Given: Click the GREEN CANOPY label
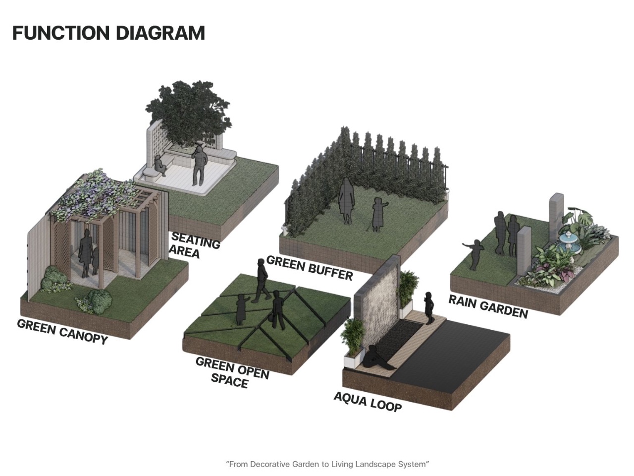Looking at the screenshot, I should coord(62,331).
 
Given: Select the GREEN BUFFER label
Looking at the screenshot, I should coord(309,268).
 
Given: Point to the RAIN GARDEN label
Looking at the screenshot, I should coord(488,306).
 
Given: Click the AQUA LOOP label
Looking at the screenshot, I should coord(368,401).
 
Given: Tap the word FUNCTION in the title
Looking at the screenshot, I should coord(60,33).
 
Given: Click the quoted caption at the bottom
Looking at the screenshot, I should coord(327,464).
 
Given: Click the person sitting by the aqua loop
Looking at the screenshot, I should coord(378,357).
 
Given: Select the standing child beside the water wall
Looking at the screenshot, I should coord(429,308).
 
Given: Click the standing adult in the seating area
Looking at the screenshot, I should coord(199,166).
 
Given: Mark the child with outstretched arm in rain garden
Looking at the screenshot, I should coord(475,254).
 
